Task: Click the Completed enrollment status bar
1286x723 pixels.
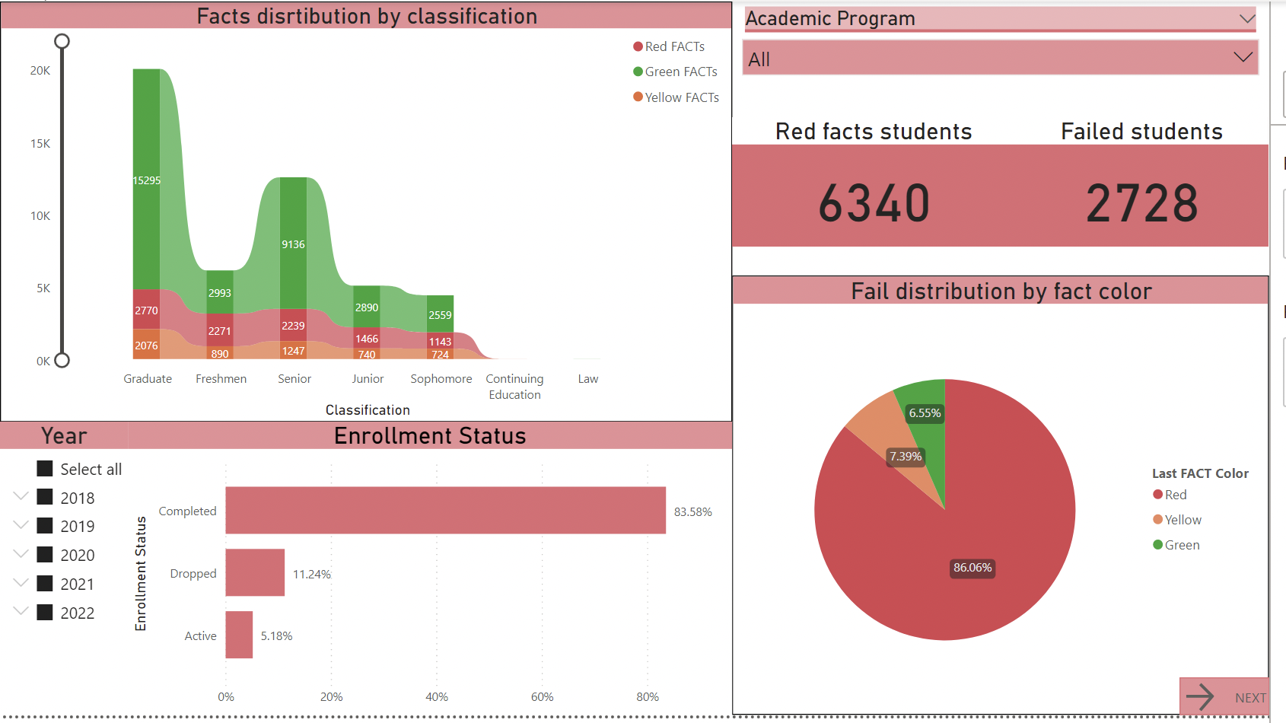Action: [445, 510]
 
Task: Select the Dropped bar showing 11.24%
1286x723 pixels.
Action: [255, 572]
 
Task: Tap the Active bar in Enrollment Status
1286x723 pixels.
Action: [239, 635]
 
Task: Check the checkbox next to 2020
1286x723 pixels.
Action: [45, 555]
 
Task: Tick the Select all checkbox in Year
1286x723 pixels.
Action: [45, 469]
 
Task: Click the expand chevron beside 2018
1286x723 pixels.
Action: [21, 496]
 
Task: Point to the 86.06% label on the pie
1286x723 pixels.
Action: [972, 568]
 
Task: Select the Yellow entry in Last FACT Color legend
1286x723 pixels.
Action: [1183, 520]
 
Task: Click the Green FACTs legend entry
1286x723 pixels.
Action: [680, 72]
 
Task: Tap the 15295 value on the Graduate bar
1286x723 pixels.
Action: [147, 180]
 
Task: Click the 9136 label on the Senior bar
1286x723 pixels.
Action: [293, 244]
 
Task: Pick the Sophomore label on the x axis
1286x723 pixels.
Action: [441, 379]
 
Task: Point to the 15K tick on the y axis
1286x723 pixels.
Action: [40, 144]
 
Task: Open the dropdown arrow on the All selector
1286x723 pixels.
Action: [1243, 58]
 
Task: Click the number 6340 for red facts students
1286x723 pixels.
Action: [874, 204]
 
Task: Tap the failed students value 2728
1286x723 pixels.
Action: [1141, 204]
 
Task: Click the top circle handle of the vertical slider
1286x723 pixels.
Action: [62, 41]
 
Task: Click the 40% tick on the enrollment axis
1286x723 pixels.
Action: [437, 697]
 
